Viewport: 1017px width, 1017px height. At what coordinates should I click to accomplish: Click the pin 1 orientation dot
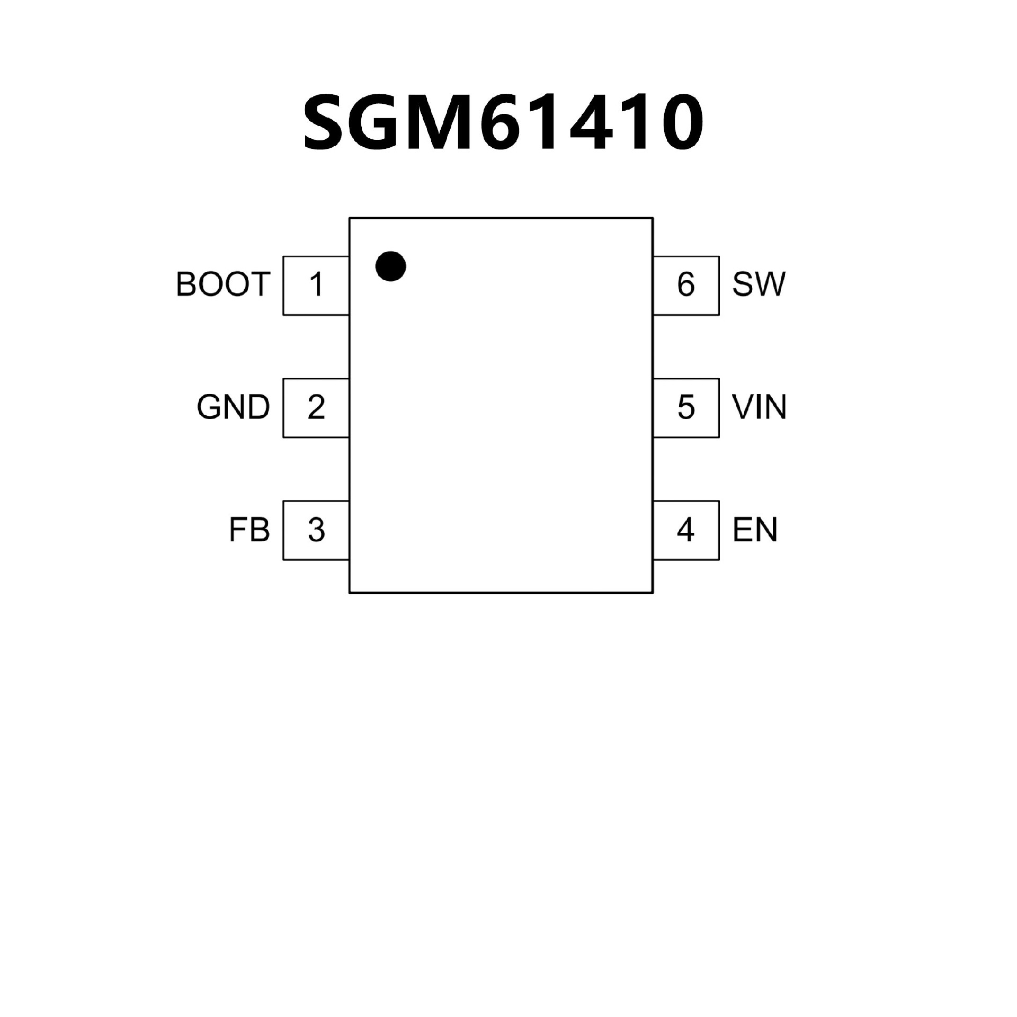[390, 266]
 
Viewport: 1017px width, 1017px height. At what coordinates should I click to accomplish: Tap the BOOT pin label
[223, 284]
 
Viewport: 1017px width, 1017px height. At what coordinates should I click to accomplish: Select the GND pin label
[233, 407]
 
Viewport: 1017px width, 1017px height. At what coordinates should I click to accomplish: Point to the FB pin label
[249, 529]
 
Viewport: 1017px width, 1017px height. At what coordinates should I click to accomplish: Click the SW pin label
[759, 284]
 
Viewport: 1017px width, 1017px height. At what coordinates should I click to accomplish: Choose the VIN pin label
[759, 407]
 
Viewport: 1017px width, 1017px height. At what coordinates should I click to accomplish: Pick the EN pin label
[755, 529]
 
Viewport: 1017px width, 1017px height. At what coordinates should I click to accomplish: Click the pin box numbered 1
[316, 285]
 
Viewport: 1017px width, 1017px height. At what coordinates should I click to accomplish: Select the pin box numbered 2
[316, 407]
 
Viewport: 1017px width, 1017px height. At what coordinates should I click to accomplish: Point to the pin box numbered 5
[686, 407]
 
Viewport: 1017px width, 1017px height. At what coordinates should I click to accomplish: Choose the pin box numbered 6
[686, 285]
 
